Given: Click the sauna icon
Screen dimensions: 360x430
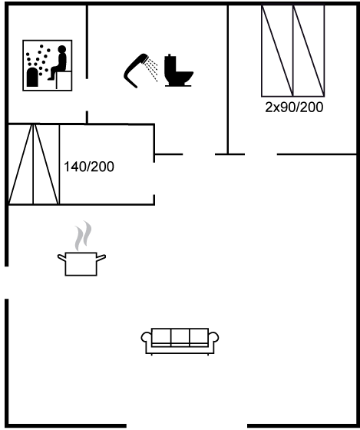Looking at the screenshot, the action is coord(48,65).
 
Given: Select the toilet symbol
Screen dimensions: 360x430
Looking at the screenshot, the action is coord(179,71).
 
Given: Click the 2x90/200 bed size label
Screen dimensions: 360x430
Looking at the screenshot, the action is coord(294,107).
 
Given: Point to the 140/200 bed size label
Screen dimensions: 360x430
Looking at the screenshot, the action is coord(89,167).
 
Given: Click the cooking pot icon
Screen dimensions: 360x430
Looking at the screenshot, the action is coord(81,263).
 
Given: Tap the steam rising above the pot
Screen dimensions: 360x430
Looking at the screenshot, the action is coord(83,236).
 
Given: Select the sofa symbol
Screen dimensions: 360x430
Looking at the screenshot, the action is coord(180,342).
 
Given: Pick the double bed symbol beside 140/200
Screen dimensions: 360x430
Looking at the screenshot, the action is coord(34,164).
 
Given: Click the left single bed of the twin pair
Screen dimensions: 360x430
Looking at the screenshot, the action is coord(277,51).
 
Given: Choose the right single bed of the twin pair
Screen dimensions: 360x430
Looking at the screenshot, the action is coord(309,51).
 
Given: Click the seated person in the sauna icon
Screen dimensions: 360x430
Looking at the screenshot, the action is coord(58,62).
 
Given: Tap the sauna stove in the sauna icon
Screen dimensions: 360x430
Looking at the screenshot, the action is coord(32,77).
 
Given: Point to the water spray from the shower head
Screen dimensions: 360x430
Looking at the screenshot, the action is coord(152,69).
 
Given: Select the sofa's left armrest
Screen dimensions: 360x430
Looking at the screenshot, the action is coord(146,337).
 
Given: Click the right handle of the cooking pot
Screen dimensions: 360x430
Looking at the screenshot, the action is coord(101,257).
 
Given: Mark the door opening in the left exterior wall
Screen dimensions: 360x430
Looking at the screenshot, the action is coord(7,283).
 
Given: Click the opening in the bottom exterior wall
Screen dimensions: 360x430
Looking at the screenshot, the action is coord(187,425).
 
